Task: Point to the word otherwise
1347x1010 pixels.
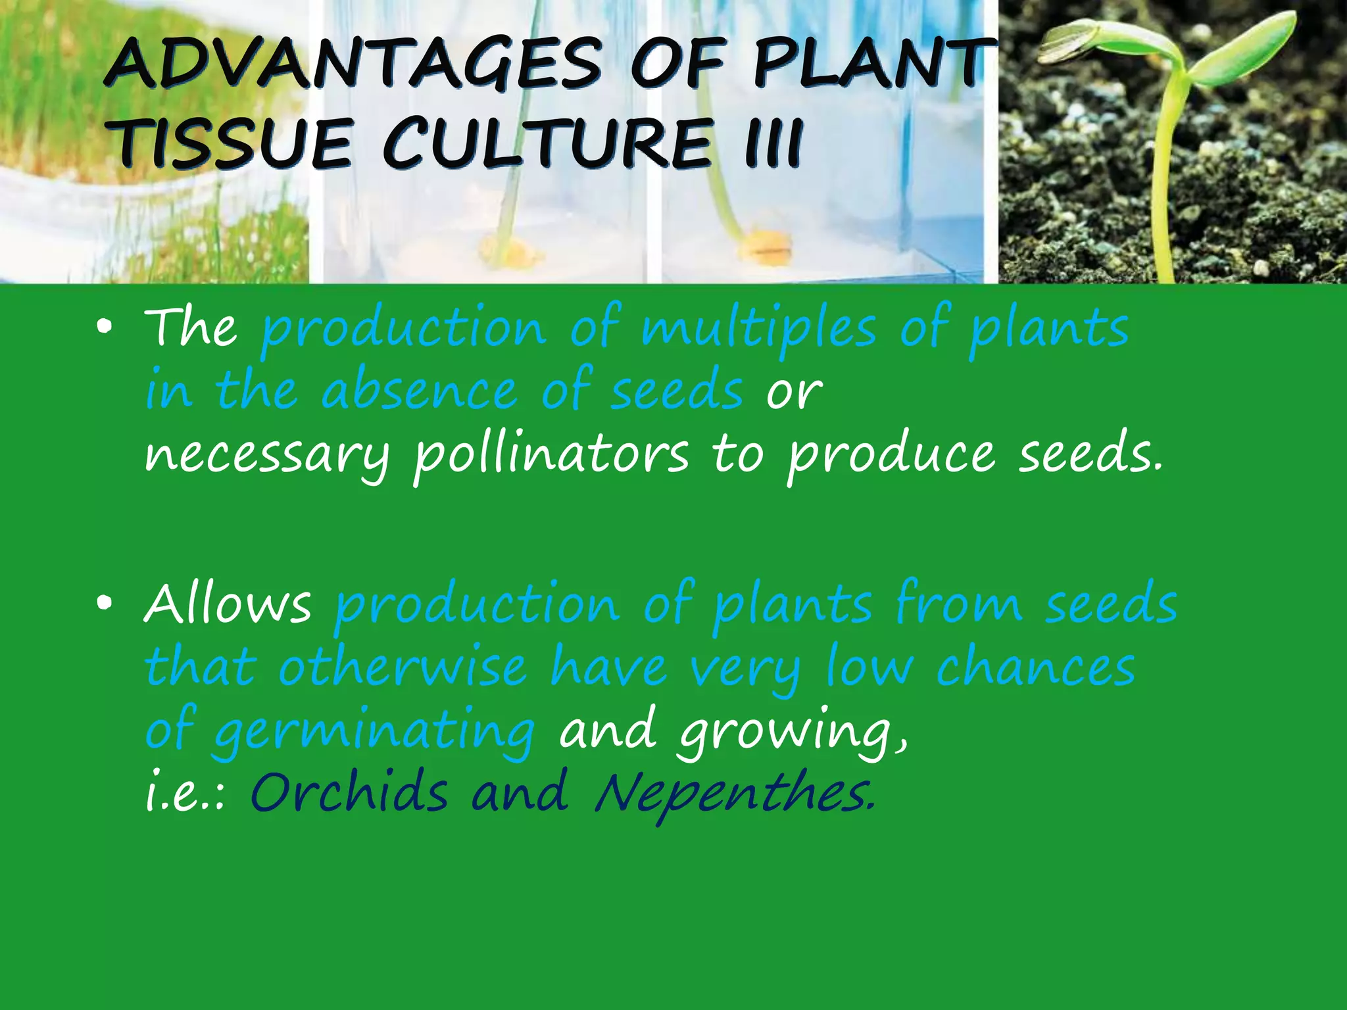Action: (402, 667)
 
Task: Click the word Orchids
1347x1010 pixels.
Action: (349, 792)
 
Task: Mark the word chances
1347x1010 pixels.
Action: (1036, 667)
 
